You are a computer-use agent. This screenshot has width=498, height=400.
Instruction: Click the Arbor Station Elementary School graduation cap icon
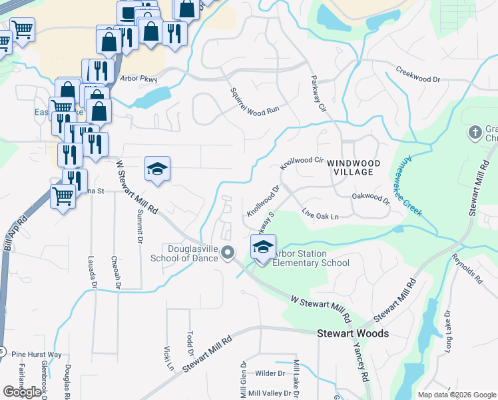tap(263, 247)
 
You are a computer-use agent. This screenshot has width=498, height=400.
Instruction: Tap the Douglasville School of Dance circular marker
tap(228, 253)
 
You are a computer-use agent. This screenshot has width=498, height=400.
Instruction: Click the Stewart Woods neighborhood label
tap(352, 333)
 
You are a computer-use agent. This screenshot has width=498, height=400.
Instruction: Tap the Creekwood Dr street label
tap(418, 74)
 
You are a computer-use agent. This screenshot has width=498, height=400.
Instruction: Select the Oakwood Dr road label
tap(370, 198)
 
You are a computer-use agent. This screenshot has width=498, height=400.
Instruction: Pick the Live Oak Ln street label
tap(320, 215)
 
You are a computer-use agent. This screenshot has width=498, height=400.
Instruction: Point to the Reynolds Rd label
tap(466, 269)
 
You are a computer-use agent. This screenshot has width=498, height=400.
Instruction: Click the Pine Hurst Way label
tap(37, 355)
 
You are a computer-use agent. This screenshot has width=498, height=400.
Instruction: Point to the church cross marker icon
tap(475, 132)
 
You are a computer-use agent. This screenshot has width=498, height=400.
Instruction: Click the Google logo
tap(22, 392)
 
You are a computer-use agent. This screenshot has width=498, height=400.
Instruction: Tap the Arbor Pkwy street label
tap(138, 79)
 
